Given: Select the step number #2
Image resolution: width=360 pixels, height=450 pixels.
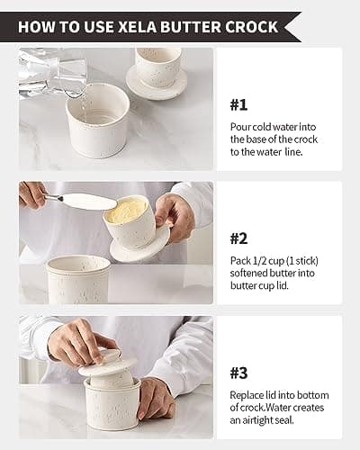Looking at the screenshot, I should click(x=238, y=238).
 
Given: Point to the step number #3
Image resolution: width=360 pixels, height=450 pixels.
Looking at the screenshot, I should click(x=238, y=373).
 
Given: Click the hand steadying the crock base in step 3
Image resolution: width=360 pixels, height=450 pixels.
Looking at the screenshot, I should click(x=157, y=397).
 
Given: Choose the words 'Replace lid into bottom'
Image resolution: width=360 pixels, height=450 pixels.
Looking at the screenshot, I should click(x=279, y=395).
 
